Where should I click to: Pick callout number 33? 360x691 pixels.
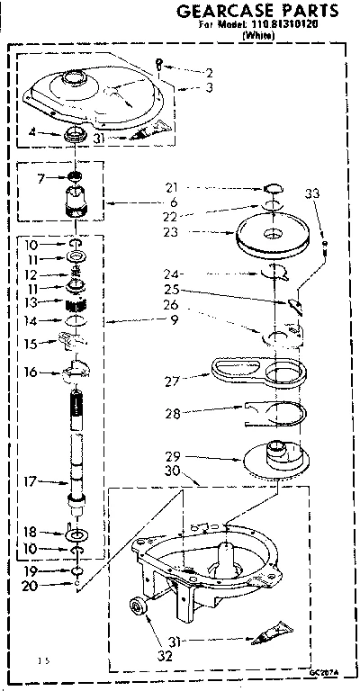pos(312,193)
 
